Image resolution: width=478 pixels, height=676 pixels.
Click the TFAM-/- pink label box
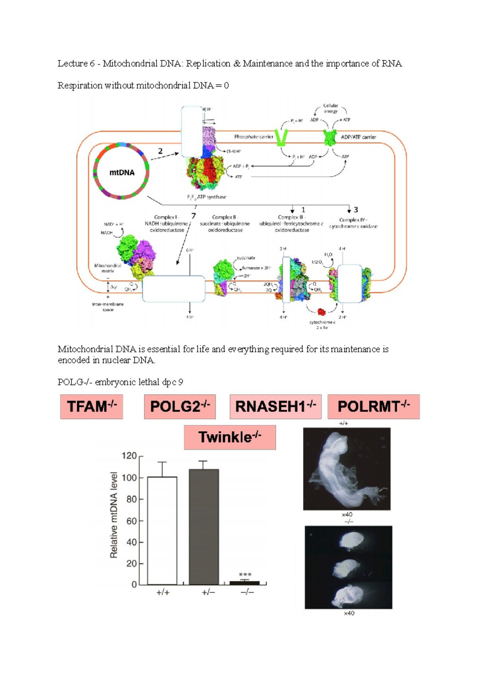(x=92, y=406)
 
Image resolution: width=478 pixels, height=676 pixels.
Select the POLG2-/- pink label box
(x=180, y=406)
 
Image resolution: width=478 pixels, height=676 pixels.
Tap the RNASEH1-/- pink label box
(x=275, y=406)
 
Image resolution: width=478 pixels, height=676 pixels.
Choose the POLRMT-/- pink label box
(x=373, y=406)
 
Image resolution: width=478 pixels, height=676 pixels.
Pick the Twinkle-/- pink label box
(x=229, y=437)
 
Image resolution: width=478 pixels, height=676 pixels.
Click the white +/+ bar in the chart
(x=162, y=530)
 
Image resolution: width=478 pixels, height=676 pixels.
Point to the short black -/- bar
(x=245, y=583)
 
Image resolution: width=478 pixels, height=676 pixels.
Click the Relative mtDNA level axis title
(x=114, y=515)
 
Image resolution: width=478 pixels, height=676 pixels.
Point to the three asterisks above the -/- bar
(x=245, y=574)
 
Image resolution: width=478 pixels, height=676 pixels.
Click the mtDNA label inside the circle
(x=122, y=173)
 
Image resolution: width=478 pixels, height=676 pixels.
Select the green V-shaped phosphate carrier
(x=282, y=137)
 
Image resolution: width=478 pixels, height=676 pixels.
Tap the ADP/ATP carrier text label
(x=358, y=137)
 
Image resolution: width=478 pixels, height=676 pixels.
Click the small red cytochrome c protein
(x=321, y=311)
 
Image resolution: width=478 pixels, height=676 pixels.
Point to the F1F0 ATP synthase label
(x=206, y=197)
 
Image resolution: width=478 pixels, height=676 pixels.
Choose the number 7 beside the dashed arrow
(x=194, y=216)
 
